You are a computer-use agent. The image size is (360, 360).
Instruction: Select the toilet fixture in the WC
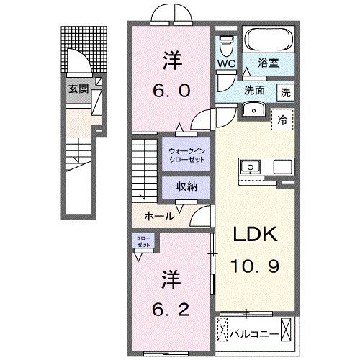point(227,45)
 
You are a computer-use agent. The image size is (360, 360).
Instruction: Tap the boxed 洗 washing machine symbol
point(287,92)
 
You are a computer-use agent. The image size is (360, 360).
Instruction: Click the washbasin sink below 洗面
point(253,109)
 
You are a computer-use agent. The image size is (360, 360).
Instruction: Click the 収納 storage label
point(189,186)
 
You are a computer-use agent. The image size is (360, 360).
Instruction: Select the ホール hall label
point(158,215)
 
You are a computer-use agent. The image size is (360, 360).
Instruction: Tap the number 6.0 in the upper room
point(170,91)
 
